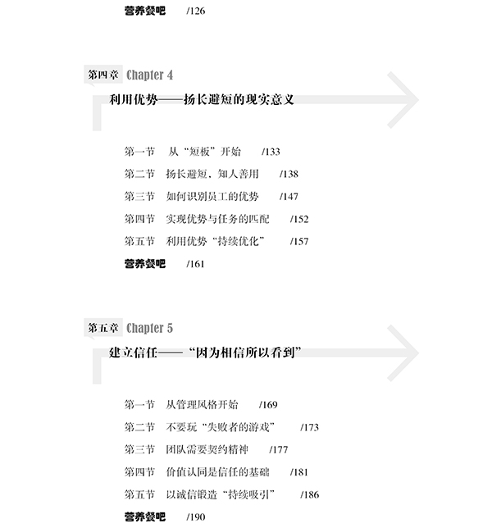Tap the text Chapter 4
click(x=149, y=75)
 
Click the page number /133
click(x=271, y=152)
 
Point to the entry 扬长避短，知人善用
click(x=212, y=174)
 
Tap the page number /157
click(x=299, y=241)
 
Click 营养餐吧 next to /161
click(x=144, y=264)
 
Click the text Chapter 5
click(x=149, y=328)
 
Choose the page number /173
click(x=310, y=427)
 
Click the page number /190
click(x=196, y=517)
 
